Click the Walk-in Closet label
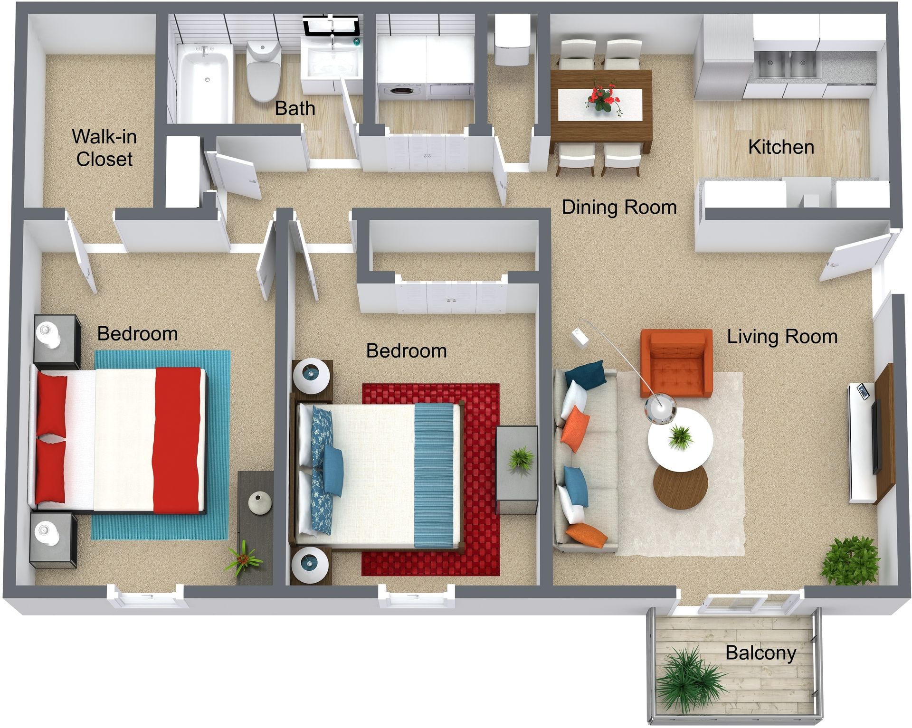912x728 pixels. [x=104, y=148]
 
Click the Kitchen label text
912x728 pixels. [x=781, y=147]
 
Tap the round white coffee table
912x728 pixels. [x=680, y=439]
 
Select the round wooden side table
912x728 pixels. [x=680, y=487]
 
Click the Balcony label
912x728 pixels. [x=760, y=653]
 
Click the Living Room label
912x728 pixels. [x=782, y=337]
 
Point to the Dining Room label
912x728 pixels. [x=619, y=207]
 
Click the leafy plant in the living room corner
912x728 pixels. [x=850, y=560]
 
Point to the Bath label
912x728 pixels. [x=295, y=109]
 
